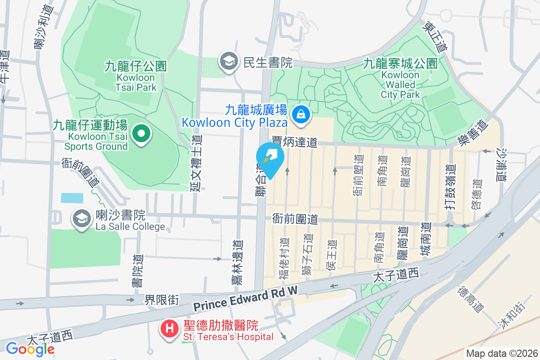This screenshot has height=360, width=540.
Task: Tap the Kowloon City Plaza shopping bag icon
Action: click(299, 114)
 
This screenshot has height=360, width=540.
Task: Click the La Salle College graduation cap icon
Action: click(81, 219)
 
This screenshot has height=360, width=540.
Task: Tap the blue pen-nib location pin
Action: click(270, 159)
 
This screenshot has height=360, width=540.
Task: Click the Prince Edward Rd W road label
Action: click(246, 299)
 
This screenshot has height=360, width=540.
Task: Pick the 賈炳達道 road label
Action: click(294, 143)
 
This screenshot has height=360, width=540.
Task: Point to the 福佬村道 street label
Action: click(284, 255)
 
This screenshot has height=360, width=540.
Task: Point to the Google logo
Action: click(30, 348)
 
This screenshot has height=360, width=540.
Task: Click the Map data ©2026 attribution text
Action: click(501, 353)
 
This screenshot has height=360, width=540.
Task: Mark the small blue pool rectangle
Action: click(72, 198)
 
